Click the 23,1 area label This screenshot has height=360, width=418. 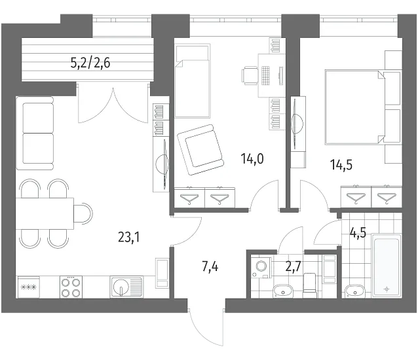coord(129,237)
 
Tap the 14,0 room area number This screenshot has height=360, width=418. coord(252,158)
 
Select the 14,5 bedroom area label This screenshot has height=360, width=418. coord(341,165)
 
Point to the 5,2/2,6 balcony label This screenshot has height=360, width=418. coord(90,63)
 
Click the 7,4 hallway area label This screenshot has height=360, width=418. coord(210,266)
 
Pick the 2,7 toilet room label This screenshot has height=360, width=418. coord(294,266)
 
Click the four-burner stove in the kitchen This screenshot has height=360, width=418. coord(71,287)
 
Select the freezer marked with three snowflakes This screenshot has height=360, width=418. coord(28,287)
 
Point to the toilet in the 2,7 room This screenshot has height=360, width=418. coord(310,285)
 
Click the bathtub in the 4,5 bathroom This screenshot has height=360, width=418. coord(387,266)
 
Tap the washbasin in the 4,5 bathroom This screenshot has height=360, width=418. coord(354,291)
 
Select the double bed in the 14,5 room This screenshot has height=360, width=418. coord(363,107)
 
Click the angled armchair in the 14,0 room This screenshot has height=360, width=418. coord(201,150)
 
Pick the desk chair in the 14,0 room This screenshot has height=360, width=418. coord(250,76)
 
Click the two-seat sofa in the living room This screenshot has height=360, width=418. coord(35,133)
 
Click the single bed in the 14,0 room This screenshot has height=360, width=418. coord(192,81)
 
